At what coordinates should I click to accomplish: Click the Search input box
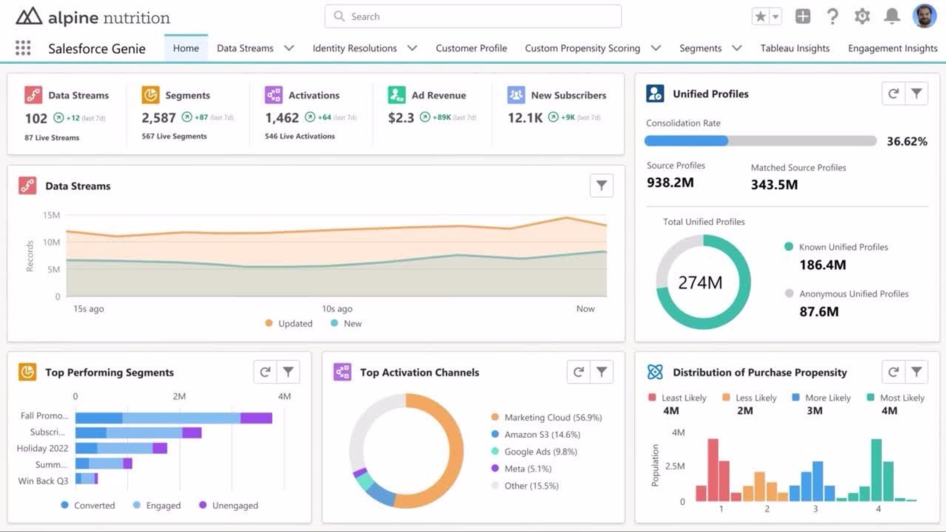(x=473, y=17)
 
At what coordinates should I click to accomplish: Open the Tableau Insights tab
(x=794, y=48)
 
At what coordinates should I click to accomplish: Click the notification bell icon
(x=891, y=17)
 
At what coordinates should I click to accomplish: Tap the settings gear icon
(x=862, y=17)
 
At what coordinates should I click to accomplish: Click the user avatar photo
(x=924, y=17)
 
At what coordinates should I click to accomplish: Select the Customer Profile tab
(x=471, y=48)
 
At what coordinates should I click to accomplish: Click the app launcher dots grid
(x=23, y=48)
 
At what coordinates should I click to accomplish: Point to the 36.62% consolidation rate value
(x=906, y=141)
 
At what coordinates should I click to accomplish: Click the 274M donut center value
(x=700, y=283)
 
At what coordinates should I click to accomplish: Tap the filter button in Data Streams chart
(x=601, y=186)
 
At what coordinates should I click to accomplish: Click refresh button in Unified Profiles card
(x=893, y=94)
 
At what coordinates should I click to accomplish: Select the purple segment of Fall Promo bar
(x=256, y=418)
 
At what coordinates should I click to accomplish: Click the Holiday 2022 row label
(x=42, y=448)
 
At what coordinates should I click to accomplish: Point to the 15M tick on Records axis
(x=51, y=215)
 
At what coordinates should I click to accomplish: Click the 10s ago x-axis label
(x=337, y=308)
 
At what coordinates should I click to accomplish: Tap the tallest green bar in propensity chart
(x=876, y=469)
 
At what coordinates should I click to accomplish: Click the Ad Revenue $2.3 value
(x=401, y=118)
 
